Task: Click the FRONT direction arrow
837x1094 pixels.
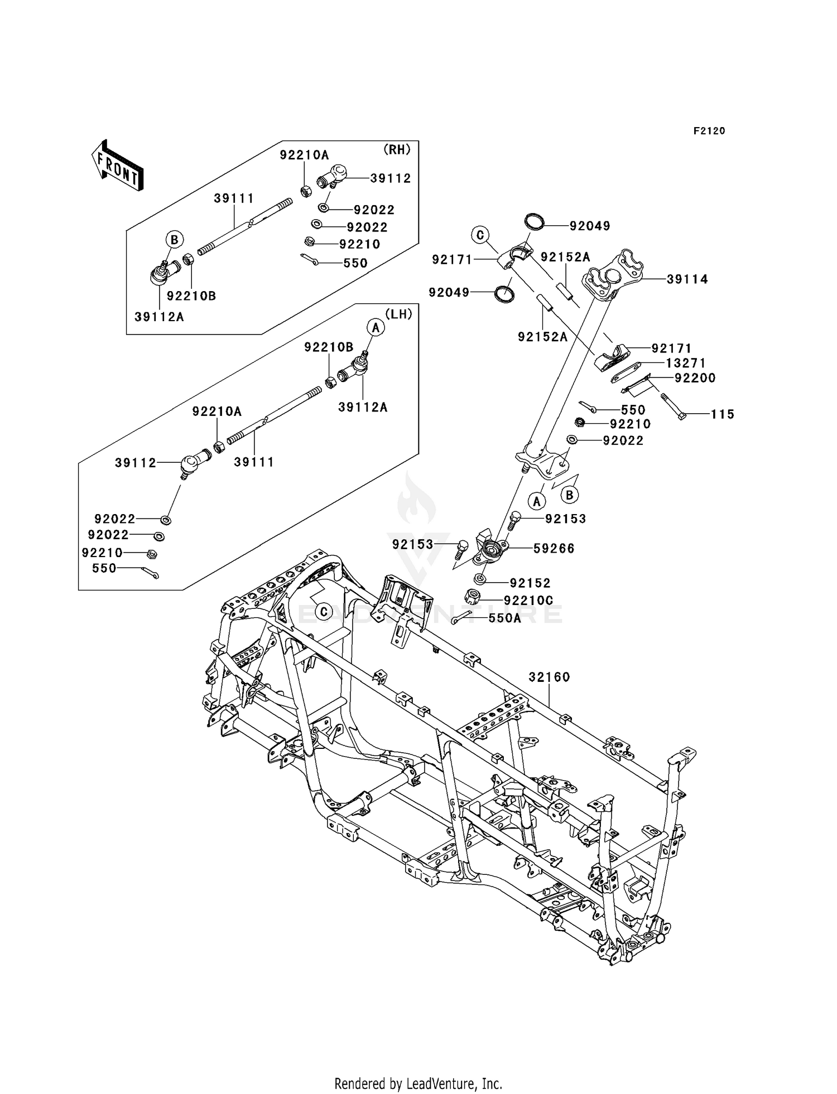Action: pos(118,166)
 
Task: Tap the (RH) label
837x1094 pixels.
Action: pos(397,149)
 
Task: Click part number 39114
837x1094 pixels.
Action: pos(687,279)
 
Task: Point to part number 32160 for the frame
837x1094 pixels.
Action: pos(549,677)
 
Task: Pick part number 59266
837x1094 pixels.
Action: pos(554,549)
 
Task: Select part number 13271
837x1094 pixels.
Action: pos(686,363)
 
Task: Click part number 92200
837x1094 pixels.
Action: pos(695,378)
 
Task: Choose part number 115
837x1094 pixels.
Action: pos(722,414)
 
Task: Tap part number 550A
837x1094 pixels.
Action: pos(504,618)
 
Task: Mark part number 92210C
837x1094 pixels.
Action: pos(528,601)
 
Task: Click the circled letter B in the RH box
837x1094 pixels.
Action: pos(174,240)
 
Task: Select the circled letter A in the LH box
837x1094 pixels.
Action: pos(376,328)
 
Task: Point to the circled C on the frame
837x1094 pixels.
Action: pos(324,612)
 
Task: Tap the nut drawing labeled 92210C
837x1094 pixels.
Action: pos(473,597)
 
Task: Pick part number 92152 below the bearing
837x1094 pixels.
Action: pos(530,583)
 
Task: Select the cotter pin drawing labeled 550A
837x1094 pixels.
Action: pos(462,617)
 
